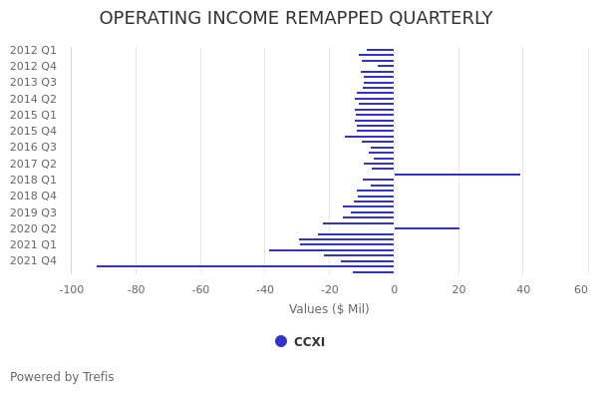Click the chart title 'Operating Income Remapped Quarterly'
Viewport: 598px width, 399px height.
[296, 19]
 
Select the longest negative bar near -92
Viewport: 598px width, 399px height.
[244, 266]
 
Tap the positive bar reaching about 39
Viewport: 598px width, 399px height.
[456, 175]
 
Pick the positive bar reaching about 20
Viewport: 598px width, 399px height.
[427, 228]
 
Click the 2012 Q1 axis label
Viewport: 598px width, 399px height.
[33, 50]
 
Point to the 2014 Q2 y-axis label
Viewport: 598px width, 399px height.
[33, 99]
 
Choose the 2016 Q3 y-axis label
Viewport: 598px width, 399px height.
[33, 147]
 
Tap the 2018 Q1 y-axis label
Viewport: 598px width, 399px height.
[33, 180]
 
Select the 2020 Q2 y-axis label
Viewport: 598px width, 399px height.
[33, 228]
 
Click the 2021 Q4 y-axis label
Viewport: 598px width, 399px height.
[33, 260]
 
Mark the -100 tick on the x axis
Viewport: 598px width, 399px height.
[71, 289]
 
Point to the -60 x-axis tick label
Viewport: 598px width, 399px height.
[200, 289]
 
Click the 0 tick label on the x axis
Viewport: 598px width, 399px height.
[394, 289]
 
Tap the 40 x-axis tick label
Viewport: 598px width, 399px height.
[523, 289]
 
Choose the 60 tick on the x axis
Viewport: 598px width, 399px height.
[581, 289]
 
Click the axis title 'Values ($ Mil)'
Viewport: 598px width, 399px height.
[329, 309]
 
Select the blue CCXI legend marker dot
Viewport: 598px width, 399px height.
[281, 341]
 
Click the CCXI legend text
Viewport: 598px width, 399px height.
[309, 342]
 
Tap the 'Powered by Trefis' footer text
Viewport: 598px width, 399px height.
[62, 377]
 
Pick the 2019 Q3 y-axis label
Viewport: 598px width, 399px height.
[33, 212]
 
